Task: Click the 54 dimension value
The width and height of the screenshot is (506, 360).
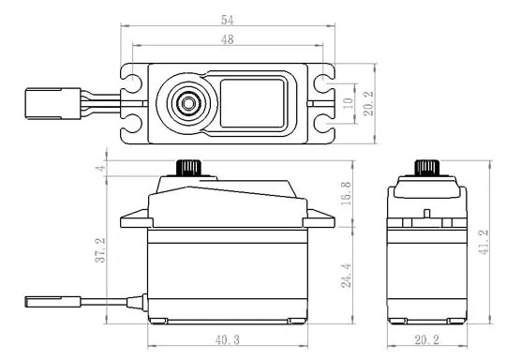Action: coord(227,20)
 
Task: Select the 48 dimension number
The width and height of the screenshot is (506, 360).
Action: coord(227,39)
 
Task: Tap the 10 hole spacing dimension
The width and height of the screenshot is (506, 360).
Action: coord(348,103)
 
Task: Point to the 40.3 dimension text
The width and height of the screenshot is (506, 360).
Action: coord(227,340)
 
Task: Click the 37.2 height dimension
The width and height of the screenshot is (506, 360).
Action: coord(100,250)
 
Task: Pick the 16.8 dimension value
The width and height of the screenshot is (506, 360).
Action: coord(346,193)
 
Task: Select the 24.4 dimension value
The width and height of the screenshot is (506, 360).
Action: coord(346,276)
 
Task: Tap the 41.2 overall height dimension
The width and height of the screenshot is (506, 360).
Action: coord(484,242)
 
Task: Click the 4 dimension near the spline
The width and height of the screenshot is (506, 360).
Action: coord(101,168)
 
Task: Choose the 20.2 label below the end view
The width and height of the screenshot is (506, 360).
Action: coord(426,340)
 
